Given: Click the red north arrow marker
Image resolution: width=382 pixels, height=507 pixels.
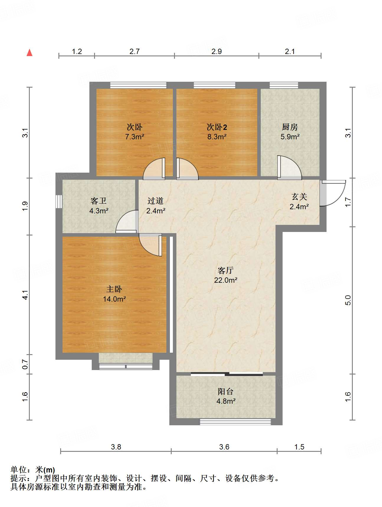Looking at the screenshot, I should click(x=29, y=53).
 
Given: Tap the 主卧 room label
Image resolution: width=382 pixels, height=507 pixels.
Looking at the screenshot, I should click(x=114, y=289).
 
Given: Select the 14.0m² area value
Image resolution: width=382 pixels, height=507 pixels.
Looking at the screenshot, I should click(x=114, y=299).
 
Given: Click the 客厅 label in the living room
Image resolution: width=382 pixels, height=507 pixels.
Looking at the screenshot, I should click(x=226, y=270).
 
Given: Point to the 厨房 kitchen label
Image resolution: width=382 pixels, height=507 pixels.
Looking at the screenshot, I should click(x=290, y=127).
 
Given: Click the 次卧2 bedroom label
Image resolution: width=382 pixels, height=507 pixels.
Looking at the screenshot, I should click(x=217, y=127).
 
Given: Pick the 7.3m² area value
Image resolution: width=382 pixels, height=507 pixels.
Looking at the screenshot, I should click(x=135, y=137).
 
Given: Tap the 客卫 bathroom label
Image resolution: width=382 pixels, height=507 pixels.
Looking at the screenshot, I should click(x=99, y=201).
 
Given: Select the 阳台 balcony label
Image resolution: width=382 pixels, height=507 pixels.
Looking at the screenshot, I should click(x=226, y=391).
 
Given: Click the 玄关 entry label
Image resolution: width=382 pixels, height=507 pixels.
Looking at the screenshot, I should click(x=299, y=197).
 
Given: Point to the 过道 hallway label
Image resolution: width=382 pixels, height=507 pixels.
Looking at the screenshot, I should click(x=155, y=201).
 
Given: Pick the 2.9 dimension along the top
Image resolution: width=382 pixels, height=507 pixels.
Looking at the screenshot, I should click(x=217, y=51).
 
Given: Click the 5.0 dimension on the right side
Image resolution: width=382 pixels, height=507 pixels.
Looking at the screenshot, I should click(x=348, y=300).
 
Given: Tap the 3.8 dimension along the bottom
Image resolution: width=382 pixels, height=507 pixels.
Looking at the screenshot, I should click(x=116, y=447).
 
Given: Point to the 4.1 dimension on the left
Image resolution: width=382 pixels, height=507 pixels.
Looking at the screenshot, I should click(x=25, y=295).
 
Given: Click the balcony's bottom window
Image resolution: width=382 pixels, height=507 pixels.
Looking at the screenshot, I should click(x=235, y=422).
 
